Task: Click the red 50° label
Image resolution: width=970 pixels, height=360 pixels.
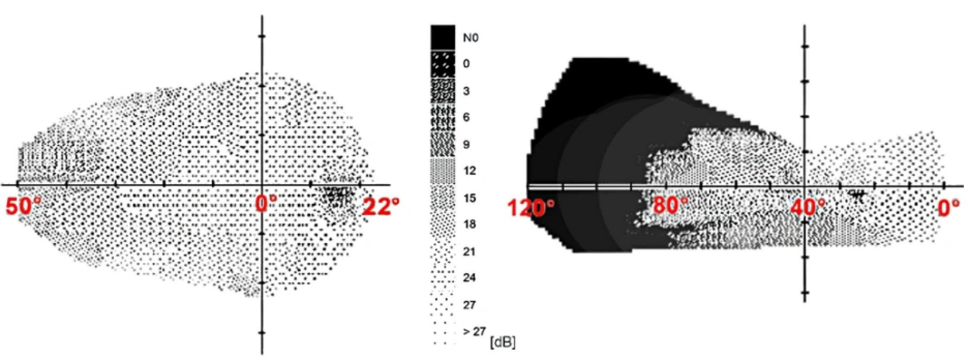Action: tap(23, 206)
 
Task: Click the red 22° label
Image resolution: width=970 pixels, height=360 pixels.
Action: tap(381, 207)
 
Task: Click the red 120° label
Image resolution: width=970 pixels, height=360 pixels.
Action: tap(531, 208)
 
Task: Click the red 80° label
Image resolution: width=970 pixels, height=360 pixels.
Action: tap(670, 206)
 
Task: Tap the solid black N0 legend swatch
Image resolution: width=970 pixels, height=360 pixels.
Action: tap(443, 37)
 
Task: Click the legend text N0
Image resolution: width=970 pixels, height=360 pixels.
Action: tap(471, 38)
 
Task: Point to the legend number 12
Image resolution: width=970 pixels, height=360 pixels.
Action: tap(469, 171)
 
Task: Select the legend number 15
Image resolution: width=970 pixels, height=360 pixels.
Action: tap(469, 198)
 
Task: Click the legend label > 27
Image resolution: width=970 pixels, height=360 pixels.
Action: tap(475, 332)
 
